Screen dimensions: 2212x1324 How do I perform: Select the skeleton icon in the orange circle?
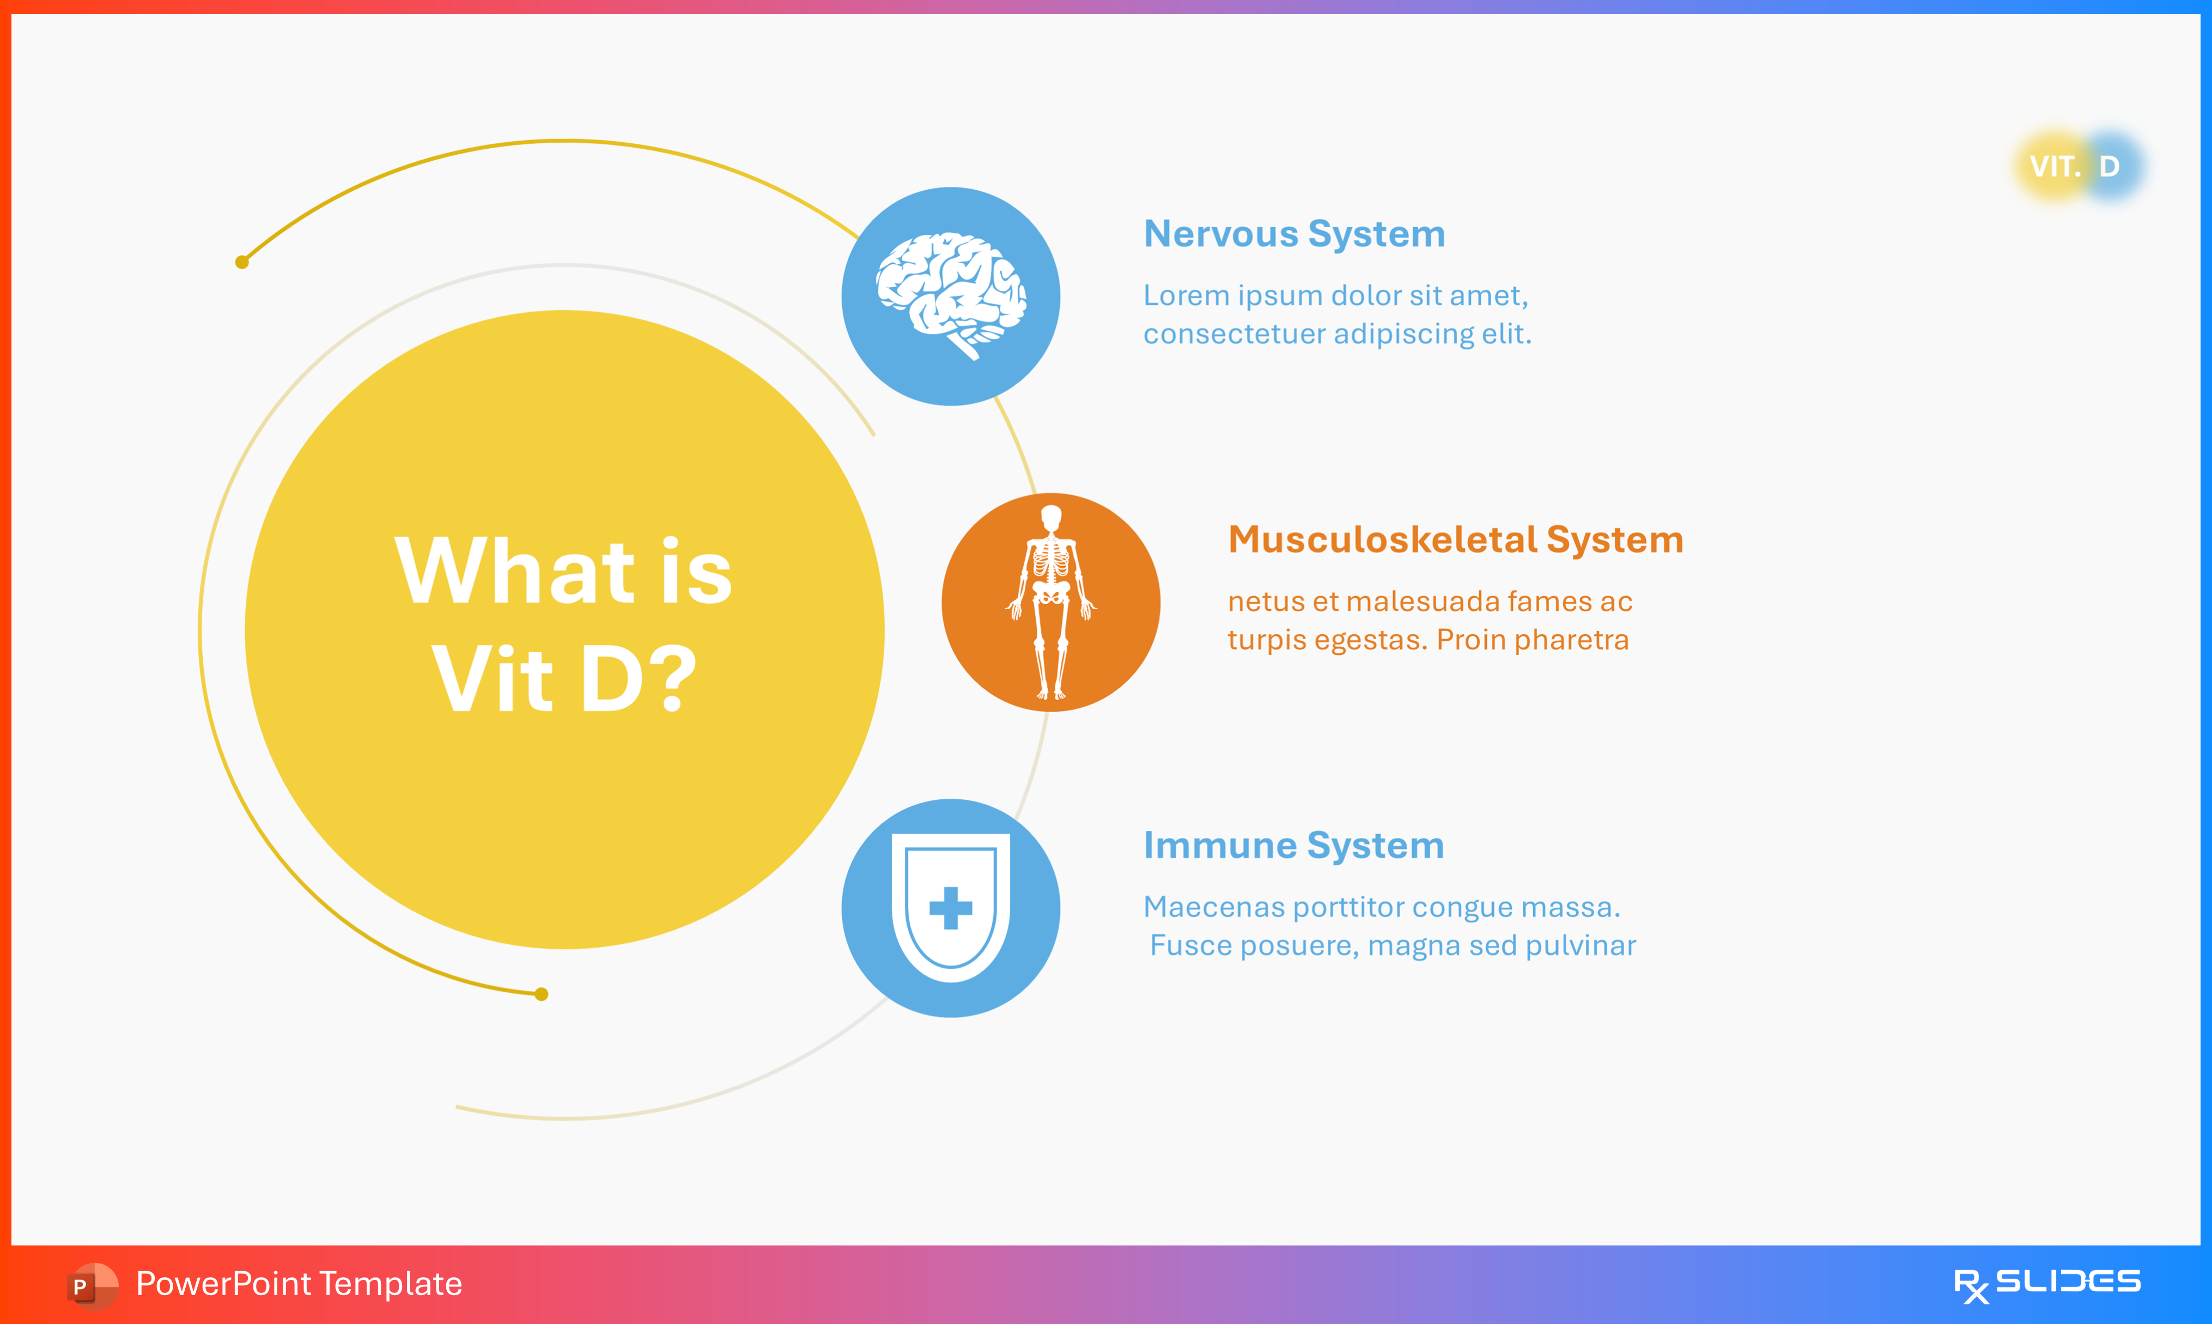tap(1050, 602)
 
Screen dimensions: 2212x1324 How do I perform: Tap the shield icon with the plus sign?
tap(951, 907)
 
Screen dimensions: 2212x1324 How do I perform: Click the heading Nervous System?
tap(1293, 234)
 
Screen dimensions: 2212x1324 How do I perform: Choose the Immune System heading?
tap(1293, 845)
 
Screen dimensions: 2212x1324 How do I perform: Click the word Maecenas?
tap(1213, 907)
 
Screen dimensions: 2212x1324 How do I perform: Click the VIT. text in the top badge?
tap(2054, 166)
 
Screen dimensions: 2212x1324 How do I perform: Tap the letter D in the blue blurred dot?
tap(2110, 166)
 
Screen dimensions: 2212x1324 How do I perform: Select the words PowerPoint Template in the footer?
tap(299, 1284)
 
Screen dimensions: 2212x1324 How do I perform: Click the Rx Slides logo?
tap(2047, 1284)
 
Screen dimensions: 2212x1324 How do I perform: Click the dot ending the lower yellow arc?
tap(542, 994)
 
